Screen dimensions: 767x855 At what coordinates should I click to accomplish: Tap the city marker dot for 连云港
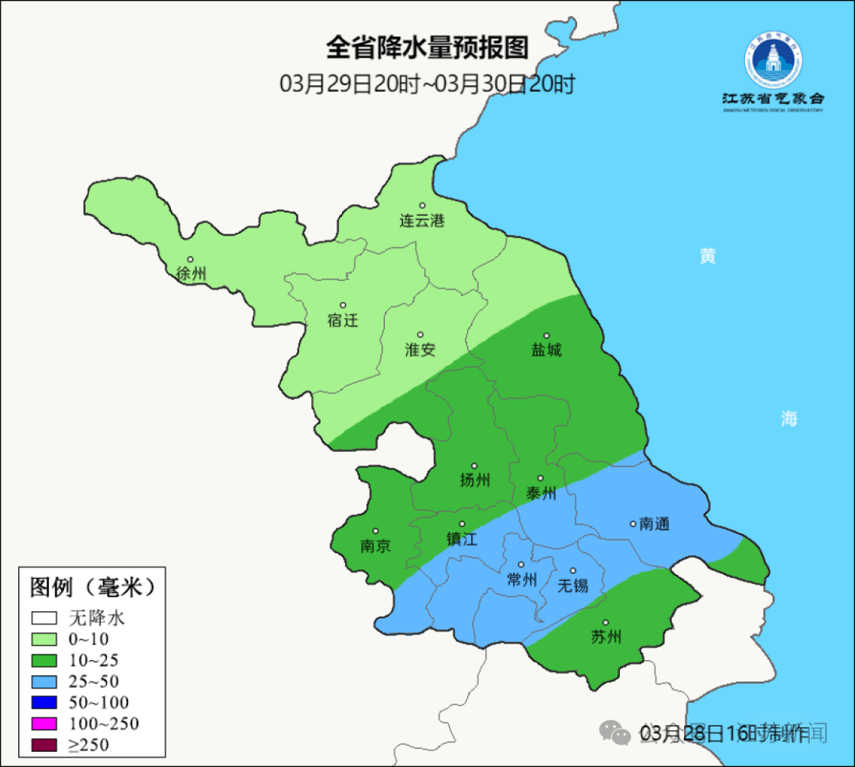point(422,206)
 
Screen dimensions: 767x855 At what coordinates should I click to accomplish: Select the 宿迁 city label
point(343,321)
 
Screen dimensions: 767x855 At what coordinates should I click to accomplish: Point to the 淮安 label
point(420,350)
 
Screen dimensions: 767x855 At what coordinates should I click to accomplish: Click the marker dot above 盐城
point(546,336)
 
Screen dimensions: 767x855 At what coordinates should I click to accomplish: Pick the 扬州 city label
point(475,480)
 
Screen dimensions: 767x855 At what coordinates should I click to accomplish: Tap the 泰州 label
point(541,494)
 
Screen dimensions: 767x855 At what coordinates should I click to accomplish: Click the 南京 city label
point(374,546)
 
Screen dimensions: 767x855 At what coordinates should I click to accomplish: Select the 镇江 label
point(462,539)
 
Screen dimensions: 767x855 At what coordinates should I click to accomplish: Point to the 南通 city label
point(655,524)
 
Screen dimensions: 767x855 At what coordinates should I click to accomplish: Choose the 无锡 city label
point(573,586)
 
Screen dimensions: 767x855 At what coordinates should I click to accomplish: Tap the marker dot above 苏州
point(606,623)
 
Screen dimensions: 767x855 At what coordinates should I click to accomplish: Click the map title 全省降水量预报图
point(427,48)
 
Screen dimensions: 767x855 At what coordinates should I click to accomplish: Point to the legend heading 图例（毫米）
point(92,587)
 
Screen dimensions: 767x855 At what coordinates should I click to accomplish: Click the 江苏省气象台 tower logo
point(773,63)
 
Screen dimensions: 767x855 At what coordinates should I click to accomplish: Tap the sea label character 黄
point(707,256)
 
